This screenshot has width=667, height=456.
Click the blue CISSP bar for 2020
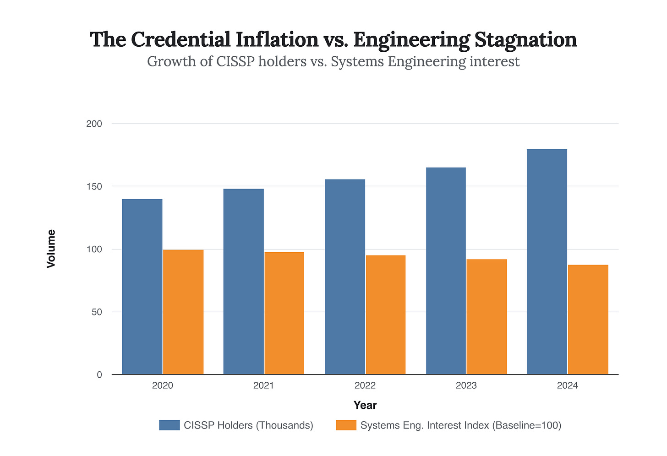coord(142,287)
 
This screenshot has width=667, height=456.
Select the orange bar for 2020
coord(183,312)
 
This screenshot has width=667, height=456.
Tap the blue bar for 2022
coord(345,277)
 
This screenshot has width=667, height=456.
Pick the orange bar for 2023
coord(487,317)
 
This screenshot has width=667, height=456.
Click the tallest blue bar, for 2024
coord(547,262)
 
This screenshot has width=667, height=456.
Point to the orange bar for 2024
coord(588,320)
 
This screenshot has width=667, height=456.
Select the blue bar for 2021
coord(243,282)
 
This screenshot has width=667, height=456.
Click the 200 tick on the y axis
coord(94,124)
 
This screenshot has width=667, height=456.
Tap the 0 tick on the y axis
coord(99,375)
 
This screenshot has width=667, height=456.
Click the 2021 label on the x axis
coord(263,385)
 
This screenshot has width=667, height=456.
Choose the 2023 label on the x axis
coord(466,385)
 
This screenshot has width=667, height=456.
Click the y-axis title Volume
coord(51,249)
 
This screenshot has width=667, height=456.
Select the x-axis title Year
coord(365,405)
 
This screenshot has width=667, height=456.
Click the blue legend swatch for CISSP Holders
coord(169,425)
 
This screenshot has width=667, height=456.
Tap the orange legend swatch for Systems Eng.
coord(346,425)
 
